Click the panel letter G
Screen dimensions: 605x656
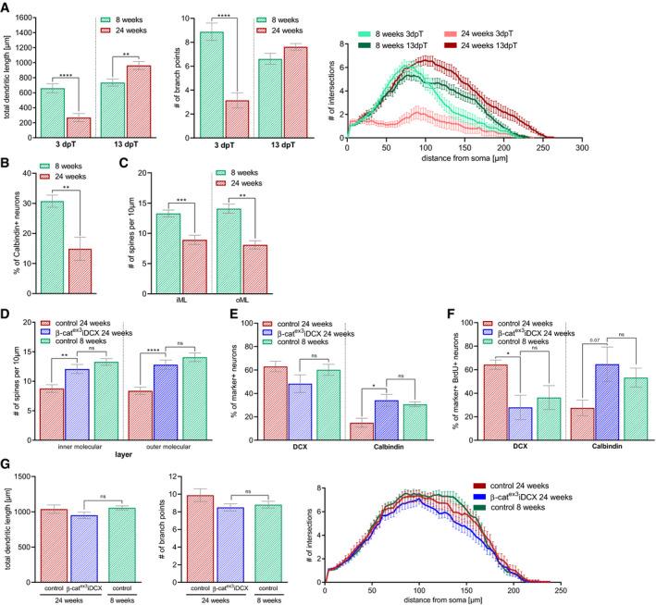(x=7, y=461)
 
